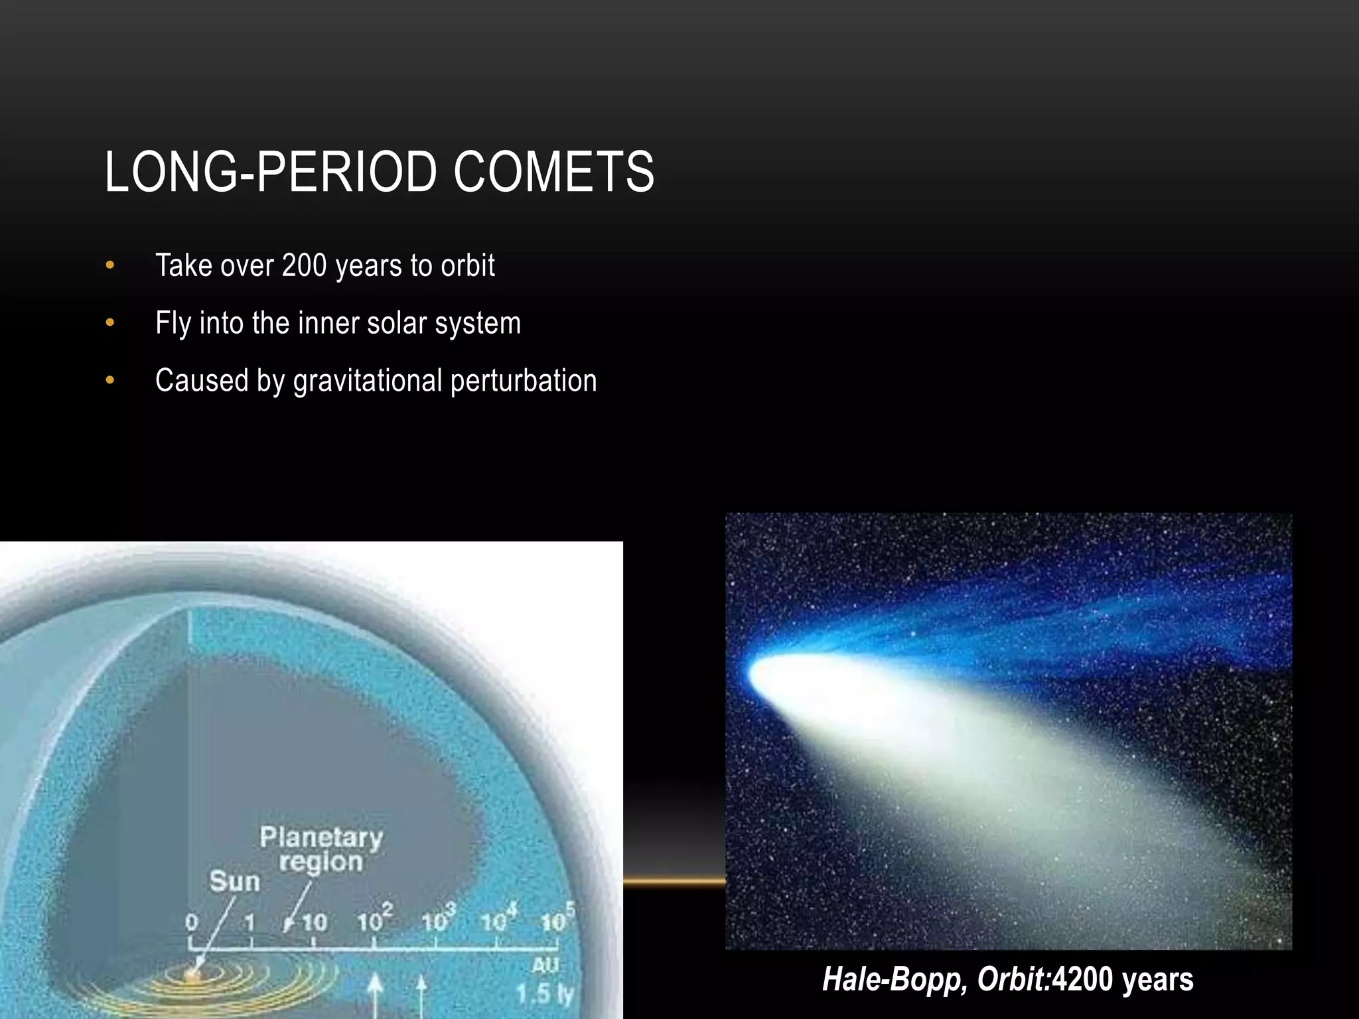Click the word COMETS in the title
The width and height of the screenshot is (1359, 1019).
(x=553, y=172)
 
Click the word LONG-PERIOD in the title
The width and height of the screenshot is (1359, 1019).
(x=270, y=172)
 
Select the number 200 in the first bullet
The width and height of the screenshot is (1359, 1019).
(x=304, y=265)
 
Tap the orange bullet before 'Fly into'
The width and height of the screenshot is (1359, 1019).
(x=110, y=323)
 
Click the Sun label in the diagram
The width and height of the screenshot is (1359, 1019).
(x=234, y=882)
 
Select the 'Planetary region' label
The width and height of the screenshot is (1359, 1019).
(x=321, y=849)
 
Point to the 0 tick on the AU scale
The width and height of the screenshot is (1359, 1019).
(x=191, y=923)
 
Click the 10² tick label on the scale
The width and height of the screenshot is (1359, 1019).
(x=374, y=920)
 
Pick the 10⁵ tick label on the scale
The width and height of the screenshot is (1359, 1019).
(x=556, y=920)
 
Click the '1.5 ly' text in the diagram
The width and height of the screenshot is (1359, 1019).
(x=545, y=993)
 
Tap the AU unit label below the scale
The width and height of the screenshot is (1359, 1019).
(x=545, y=965)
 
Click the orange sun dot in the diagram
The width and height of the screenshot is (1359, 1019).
(x=192, y=976)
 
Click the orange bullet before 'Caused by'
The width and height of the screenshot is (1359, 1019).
(x=110, y=381)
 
